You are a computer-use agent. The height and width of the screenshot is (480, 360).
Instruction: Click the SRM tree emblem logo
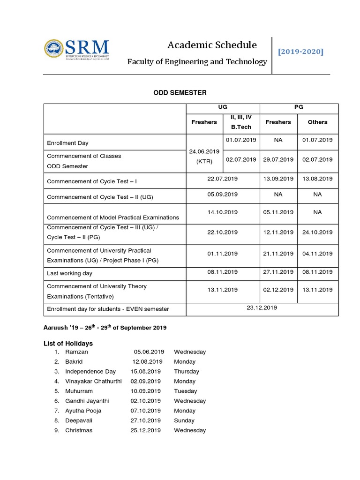coord(53,48)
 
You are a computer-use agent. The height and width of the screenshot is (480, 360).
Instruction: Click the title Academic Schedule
coord(212,45)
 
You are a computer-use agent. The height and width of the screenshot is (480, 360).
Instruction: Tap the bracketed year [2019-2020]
coord(300,51)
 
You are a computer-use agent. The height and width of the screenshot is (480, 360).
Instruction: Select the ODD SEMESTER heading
coord(180,93)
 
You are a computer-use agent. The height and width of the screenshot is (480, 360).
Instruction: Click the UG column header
coord(223,107)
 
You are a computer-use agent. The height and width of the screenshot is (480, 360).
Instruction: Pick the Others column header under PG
coord(317,122)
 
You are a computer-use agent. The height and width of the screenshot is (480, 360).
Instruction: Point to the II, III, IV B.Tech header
coord(241,122)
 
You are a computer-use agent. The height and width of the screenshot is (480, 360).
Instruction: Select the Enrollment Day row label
coord(67,143)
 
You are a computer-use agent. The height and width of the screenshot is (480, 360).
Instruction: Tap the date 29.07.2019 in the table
coord(278,159)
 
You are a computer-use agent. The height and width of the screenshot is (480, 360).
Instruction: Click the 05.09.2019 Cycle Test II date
coord(223,194)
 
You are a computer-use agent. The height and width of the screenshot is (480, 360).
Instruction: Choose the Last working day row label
coord(69,273)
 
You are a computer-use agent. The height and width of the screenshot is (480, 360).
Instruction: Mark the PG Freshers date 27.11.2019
coord(278,272)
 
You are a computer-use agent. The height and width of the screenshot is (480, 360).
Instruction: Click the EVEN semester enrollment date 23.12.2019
coord(262,307)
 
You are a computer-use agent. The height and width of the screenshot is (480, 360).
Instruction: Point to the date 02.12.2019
coord(278,290)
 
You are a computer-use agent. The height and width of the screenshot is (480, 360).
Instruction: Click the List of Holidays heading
coord(68,343)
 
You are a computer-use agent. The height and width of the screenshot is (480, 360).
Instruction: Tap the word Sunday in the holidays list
coord(184,420)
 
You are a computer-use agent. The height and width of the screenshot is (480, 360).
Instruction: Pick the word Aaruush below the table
coord(56,327)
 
